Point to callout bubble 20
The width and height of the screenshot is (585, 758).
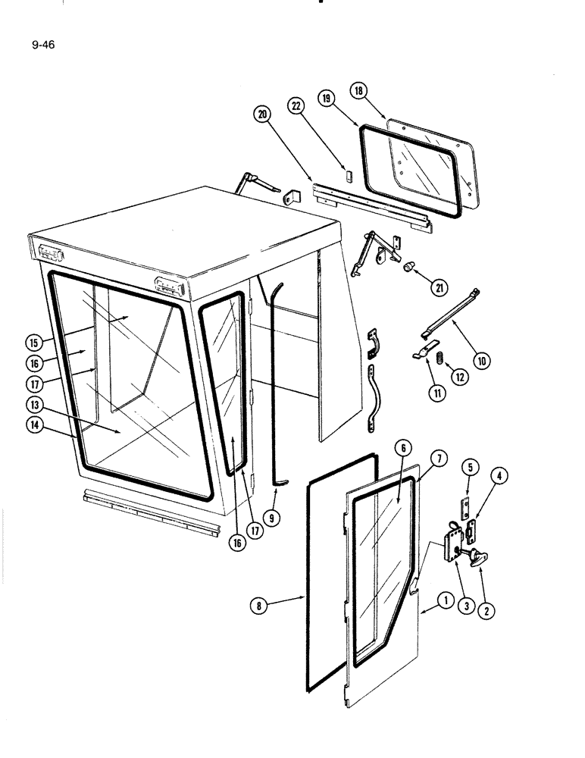263,114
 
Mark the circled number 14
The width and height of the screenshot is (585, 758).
35,425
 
